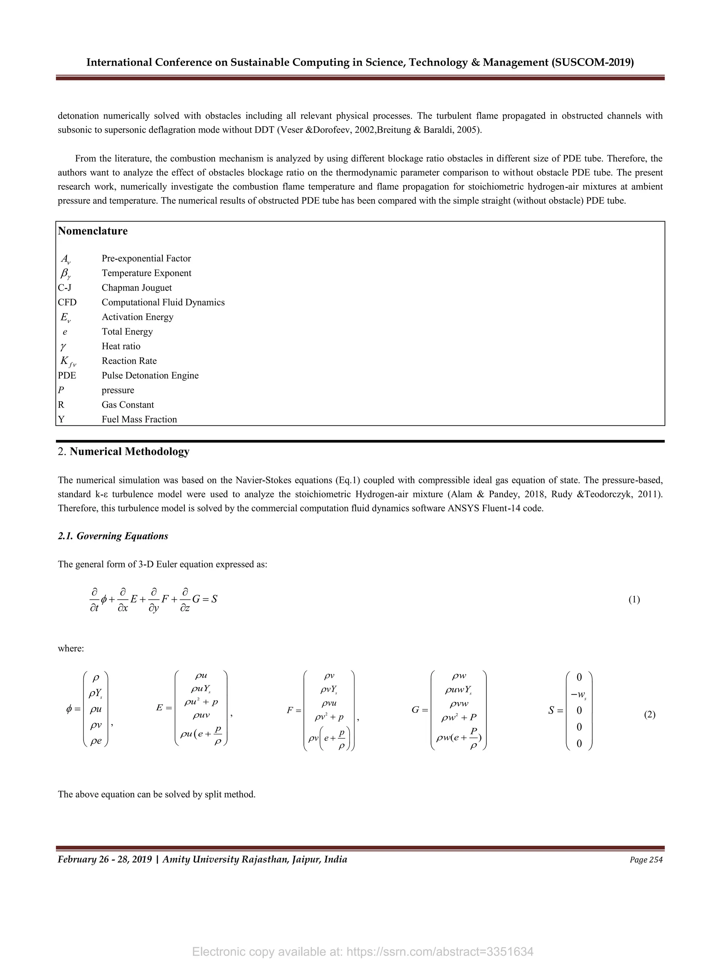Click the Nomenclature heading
93,231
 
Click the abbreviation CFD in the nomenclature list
67,302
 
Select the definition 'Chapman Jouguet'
136,288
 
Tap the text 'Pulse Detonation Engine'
150,375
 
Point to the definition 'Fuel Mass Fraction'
139,419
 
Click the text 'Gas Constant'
128,405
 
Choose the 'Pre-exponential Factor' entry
146,259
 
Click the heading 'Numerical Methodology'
129,452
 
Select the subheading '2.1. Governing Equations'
113,536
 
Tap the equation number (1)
634,599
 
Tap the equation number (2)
649,715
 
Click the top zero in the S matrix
579,677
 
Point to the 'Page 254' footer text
646,860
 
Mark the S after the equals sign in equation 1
214,599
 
